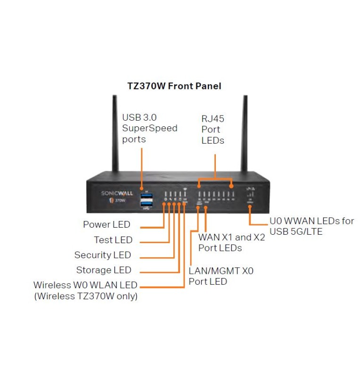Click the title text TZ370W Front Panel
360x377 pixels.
click(x=174, y=86)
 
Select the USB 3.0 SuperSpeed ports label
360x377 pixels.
click(x=149, y=128)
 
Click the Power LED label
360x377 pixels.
click(x=106, y=224)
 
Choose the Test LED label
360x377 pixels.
click(x=113, y=240)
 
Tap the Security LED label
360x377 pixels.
click(x=103, y=255)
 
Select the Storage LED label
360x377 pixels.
click(x=104, y=270)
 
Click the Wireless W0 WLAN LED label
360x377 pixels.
click(x=85, y=286)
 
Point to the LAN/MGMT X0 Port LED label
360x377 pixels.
click(x=221, y=276)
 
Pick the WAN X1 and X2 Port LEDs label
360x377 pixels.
click(x=231, y=243)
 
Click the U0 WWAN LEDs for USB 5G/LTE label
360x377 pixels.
click(x=311, y=226)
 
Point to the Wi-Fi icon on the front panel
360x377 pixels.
click(x=185, y=189)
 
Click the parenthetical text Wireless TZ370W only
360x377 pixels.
click(x=85, y=296)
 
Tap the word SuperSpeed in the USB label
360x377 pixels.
click(x=149, y=128)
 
